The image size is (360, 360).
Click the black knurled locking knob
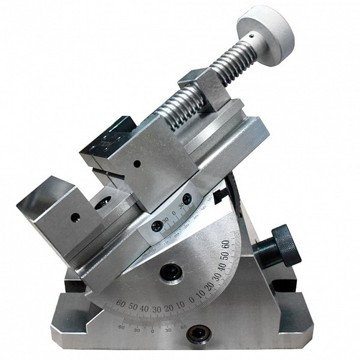[x=286, y=245]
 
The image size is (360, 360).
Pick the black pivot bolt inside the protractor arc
[x=170, y=272]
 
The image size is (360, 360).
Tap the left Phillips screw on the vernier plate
[x=157, y=226]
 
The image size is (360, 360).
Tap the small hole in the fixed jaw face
[x=76, y=217]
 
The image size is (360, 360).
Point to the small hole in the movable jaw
[x=137, y=163]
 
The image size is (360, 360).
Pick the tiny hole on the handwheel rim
[x=252, y=35]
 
